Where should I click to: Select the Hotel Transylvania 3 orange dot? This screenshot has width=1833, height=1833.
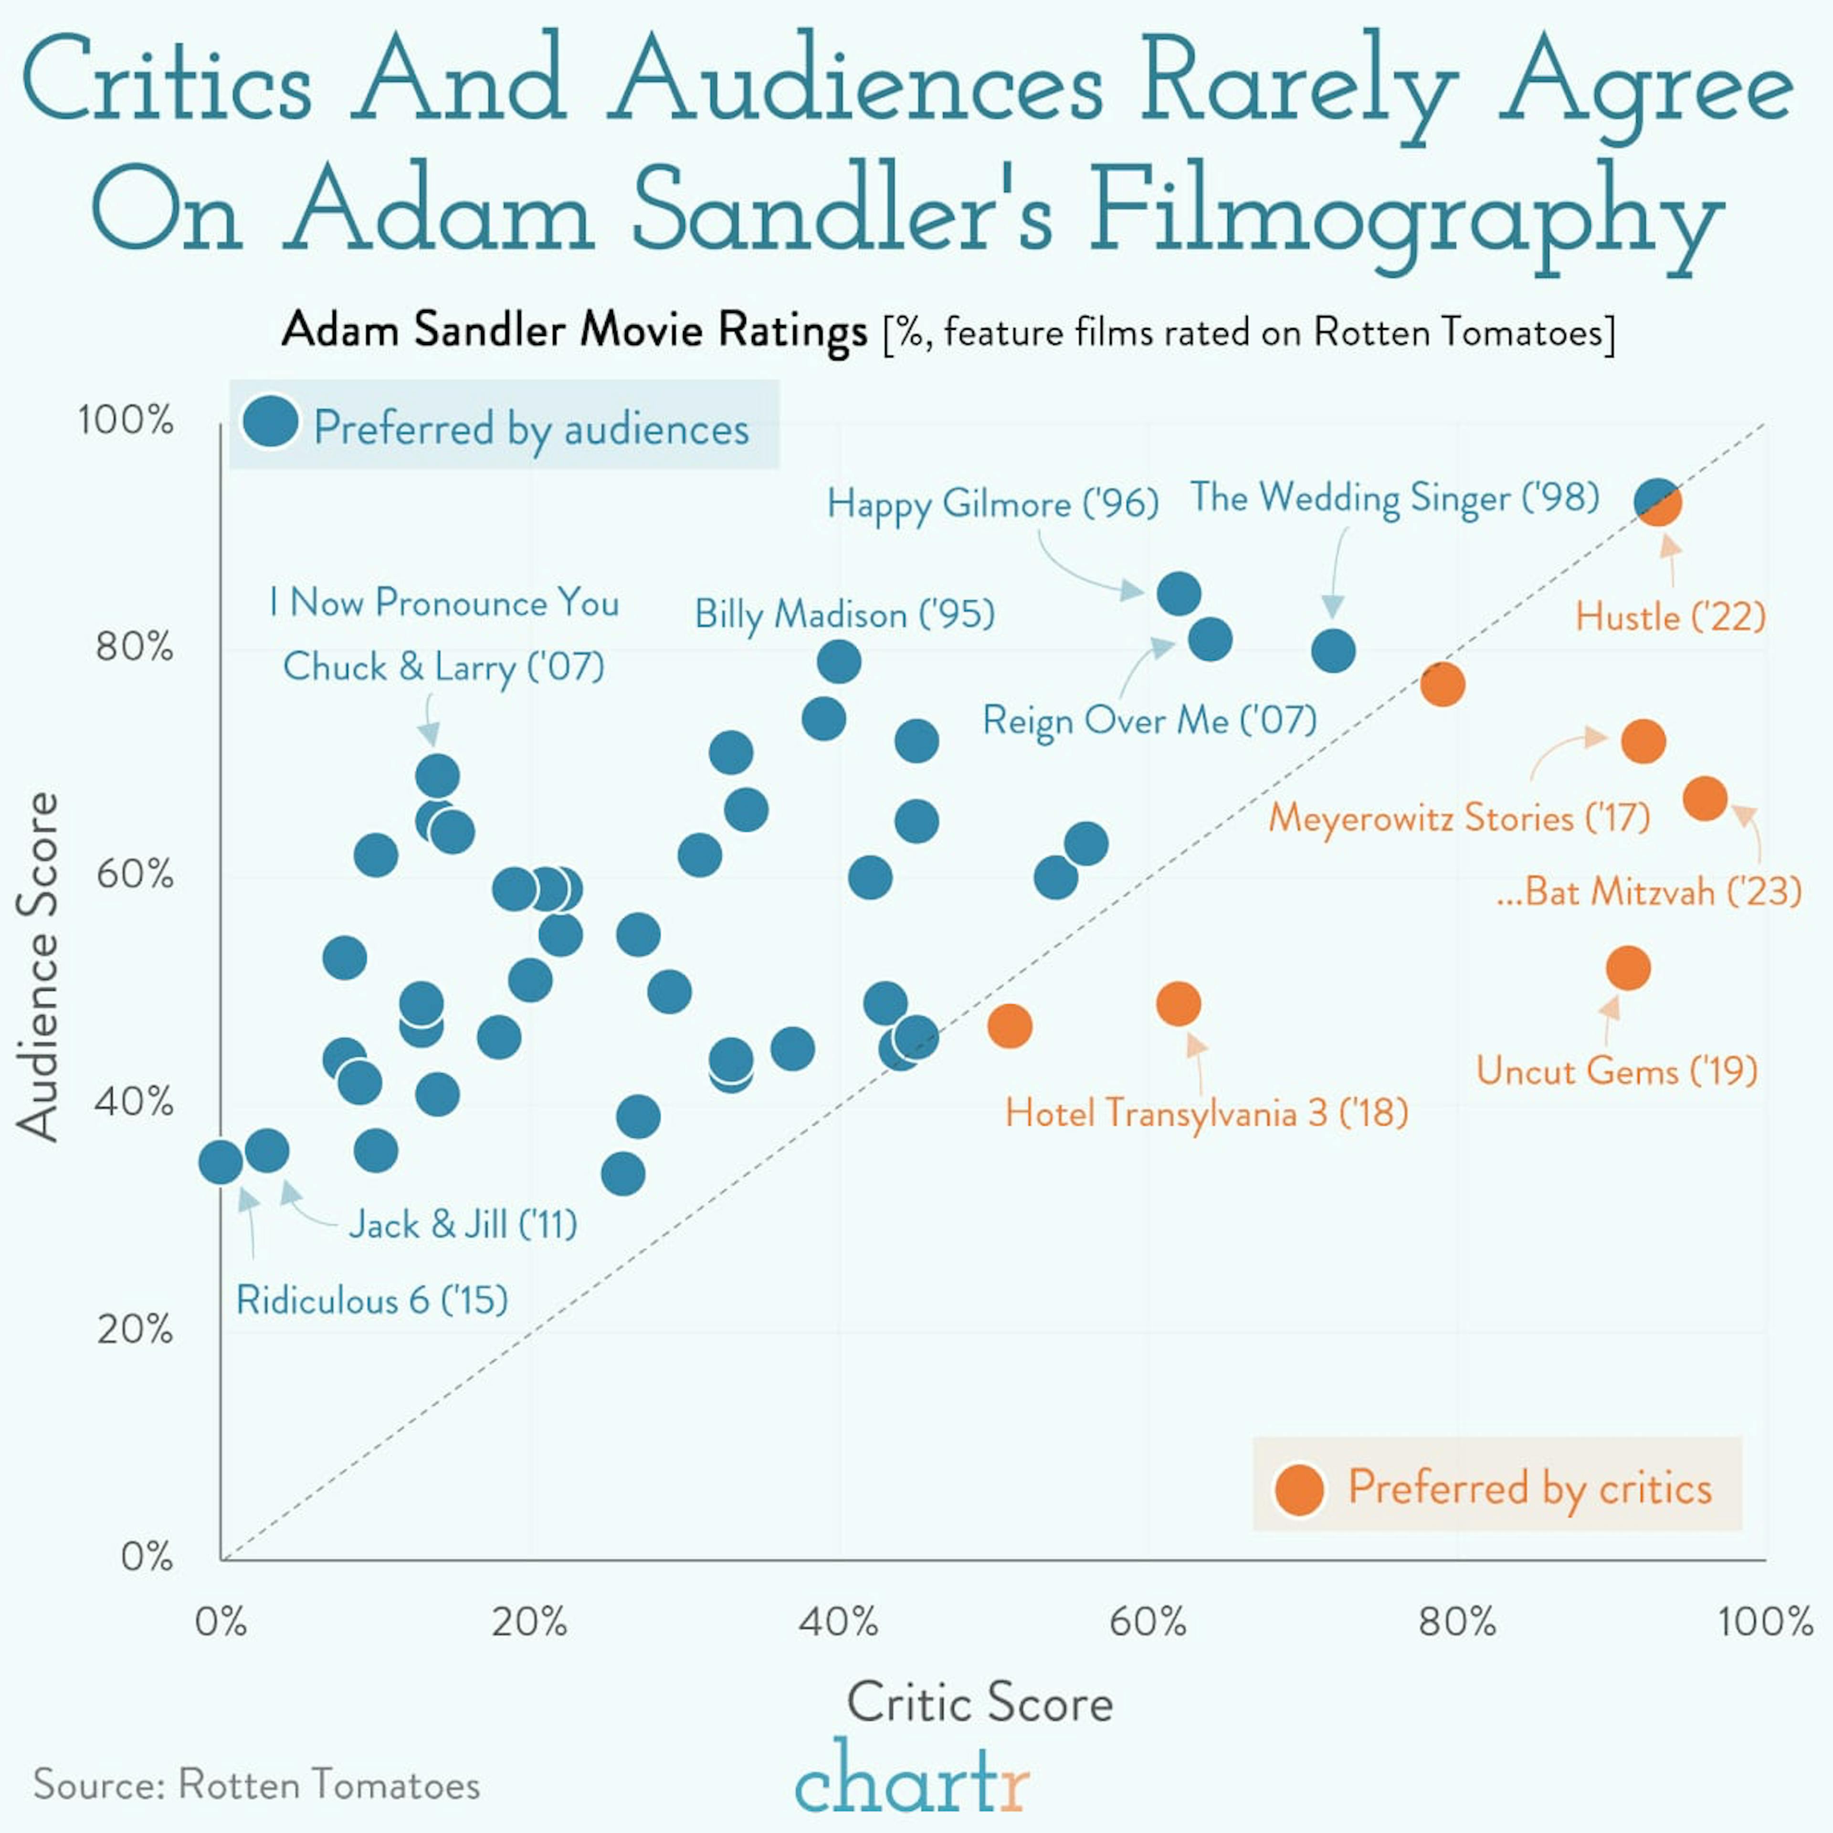(x=1179, y=1004)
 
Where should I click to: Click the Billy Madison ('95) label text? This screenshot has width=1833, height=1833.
(x=844, y=615)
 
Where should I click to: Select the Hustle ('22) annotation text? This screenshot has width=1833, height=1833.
(x=1670, y=618)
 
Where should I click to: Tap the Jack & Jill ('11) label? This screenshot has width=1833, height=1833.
(x=463, y=1224)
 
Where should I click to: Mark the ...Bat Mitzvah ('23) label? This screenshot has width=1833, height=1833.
(x=1648, y=892)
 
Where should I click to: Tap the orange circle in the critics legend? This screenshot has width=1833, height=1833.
(x=1299, y=1489)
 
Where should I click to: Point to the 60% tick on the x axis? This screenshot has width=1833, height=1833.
(x=1148, y=1622)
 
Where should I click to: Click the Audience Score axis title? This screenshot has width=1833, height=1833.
(x=38, y=966)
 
